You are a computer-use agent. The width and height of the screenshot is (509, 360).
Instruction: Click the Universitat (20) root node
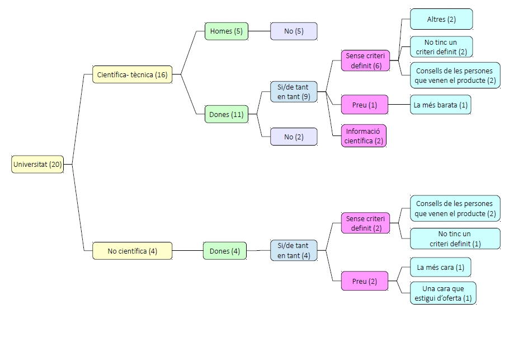37,165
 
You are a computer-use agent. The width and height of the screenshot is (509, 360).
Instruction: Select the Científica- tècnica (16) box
132,74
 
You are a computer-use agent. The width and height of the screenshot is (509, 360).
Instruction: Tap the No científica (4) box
132,251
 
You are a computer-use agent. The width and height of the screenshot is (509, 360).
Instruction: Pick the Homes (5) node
226,31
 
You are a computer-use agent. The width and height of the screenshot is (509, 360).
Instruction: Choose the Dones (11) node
226,114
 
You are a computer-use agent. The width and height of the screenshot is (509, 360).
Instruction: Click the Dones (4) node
224,251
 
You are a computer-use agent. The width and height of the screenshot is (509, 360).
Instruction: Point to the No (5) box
294,31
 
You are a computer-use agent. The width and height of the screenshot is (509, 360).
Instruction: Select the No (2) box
294,137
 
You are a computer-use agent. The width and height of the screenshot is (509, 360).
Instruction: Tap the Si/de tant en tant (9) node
294,92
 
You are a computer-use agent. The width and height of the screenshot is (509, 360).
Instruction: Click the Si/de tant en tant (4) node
294,251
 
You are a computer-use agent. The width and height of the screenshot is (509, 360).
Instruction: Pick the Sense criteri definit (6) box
365,61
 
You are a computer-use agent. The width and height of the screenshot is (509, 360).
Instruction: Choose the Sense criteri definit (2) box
365,223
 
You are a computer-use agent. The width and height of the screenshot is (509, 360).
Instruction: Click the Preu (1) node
365,105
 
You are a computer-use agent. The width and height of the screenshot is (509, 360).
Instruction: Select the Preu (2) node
365,281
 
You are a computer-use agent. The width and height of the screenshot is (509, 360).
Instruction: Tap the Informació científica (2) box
364,136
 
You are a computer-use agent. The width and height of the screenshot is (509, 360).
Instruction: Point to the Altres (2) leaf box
441,19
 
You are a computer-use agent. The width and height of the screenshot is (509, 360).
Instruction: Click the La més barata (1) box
440,105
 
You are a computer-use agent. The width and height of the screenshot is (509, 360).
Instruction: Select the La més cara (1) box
440,267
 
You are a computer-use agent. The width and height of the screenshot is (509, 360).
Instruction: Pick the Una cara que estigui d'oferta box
442,293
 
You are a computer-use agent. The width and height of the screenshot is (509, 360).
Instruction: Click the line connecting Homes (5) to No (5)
259,31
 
